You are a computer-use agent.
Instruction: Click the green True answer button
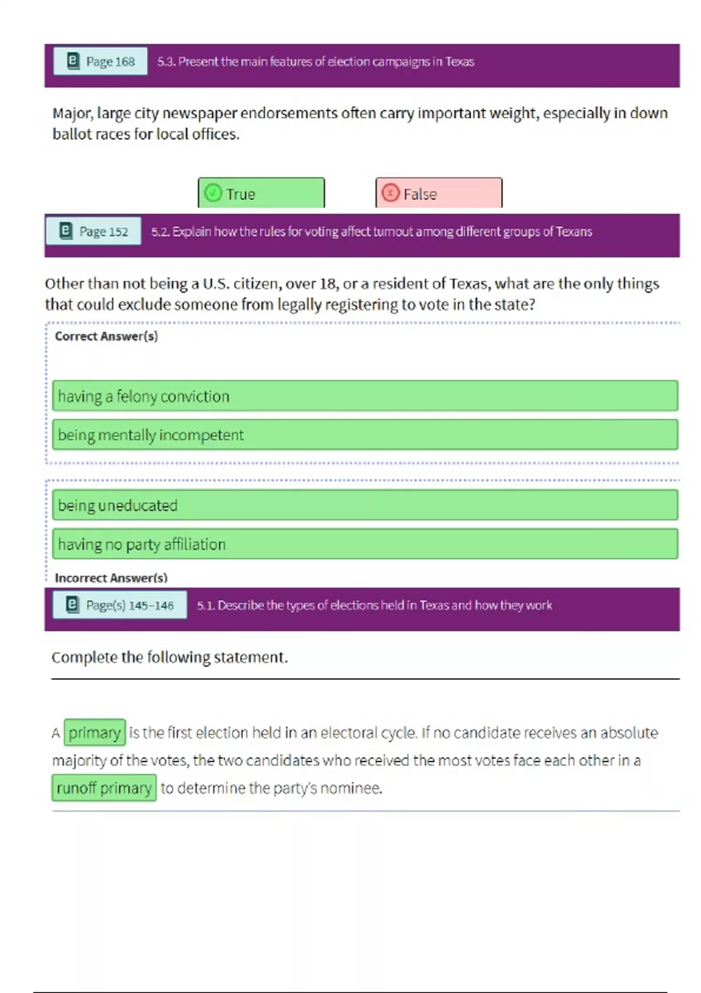[x=261, y=193]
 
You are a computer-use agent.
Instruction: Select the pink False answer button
[x=439, y=193]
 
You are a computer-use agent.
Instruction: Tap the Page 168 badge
[x=100, y=61]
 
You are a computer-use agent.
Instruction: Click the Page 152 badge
[x=93, y=231]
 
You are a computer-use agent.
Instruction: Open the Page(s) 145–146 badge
[x=120, y=605]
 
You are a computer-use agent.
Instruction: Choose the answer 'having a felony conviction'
[x=365, y=396]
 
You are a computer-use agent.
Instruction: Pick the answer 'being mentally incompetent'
[x=365, y=435]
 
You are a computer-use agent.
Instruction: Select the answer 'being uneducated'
[x=365, y=505]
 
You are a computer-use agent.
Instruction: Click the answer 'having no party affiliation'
[x=365, y=544]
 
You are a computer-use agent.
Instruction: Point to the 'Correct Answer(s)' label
[x=106, y=336]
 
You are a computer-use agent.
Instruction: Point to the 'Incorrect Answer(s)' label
[x=111, y=578]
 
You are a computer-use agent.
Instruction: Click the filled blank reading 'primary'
[x=95, y=732]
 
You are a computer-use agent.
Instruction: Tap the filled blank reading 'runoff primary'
[x=104, y=788]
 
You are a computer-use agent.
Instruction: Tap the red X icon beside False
[x=390, y=192]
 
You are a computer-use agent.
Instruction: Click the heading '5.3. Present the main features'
[x=315, y=61]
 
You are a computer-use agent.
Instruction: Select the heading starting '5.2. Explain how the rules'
[x=372, y=231]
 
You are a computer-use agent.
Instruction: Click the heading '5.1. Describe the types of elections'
[x=374, y=605]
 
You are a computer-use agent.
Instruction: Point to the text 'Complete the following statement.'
[x=169, y=658]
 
